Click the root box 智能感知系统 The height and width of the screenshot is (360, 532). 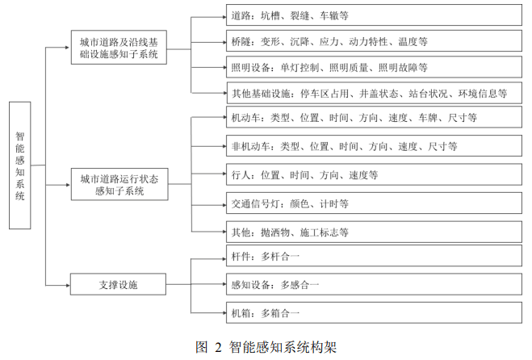(x=19, y=165)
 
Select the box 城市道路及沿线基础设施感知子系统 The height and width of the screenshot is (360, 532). (x=119, y=47)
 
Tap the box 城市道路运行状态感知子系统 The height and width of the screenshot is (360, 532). (x=119, y=184)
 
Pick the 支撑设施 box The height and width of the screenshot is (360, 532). (x=118, y=284)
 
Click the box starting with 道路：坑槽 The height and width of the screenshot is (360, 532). (x=374, y=15)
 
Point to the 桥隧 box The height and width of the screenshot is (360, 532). (x=374, y=41)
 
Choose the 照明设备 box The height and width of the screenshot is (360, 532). (x=374, y=67)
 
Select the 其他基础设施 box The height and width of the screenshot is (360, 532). (x=375, y=93)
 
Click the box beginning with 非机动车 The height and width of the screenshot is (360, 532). (x=374, y=146)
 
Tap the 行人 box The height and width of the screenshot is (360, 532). (x=374, y=174)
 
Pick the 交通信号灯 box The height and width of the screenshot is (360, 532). (x=374, y=203)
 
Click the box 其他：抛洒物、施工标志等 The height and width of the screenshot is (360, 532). (x=374, y=232)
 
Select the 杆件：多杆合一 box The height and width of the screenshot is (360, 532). (x=374, y=256)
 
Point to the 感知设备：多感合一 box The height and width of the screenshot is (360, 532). (x=374, y=284)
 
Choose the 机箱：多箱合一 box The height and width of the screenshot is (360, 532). (x=374, y=312)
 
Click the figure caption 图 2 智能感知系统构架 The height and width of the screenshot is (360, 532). (x=266, y=347)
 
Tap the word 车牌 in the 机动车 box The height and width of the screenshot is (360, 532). (x=428, y=118)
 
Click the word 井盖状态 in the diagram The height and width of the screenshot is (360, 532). (x=379, y=94)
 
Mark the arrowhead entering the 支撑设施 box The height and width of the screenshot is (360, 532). (x=68, y=286)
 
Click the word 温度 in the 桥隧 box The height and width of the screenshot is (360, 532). (x=408, y=41)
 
